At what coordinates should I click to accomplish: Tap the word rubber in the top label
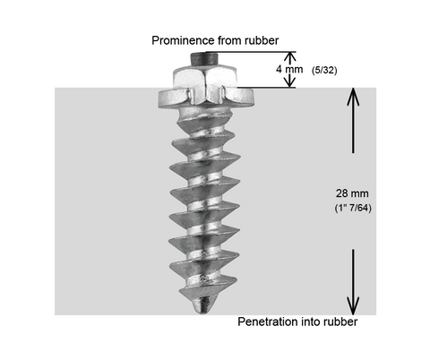pyautogui.click(x=262, y=40)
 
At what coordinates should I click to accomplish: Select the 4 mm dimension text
pyautogui.click(x=289, y=69)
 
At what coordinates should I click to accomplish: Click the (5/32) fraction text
pyautogui.click(x=324, y=71)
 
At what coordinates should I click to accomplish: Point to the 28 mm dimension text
pyautogui.click(x=352, y=193)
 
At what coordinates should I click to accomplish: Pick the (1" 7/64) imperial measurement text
pyautogui.click(x=353, y=208)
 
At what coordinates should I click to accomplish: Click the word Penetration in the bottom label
pyautogui.click(x=268, y=321)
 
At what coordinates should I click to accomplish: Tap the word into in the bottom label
pyautogui.click(x=312, y=321)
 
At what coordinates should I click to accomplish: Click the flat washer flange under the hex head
pyautogui.click(x=206, y=99)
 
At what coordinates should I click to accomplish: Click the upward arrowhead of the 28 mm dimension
pyautogui.click(x=353, y=97)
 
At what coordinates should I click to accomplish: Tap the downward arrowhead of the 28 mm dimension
pyautogui.click(x=353, y=305)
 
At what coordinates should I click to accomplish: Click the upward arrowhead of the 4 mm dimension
pyautogui.click(x=289, y=56)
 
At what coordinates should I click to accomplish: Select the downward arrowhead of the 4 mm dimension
pyautogui.click(x=289, y=81)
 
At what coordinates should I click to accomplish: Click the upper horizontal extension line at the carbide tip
pyautogui.click(x=251, y=52)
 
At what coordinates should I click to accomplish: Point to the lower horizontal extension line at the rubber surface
pyautogui.click(x=267, y=88)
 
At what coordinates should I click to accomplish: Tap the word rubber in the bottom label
pyautogui.click(x=340, y=321)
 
